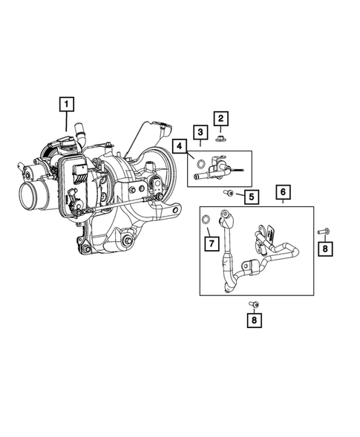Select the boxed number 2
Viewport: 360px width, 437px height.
tap(221, 118)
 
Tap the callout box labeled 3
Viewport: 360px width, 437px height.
tap(200, 132)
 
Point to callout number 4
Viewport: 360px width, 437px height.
tap(180, 145)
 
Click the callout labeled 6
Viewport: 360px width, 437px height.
tap(282, 192)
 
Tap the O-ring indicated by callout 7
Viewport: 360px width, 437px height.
tap(206, 220)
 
